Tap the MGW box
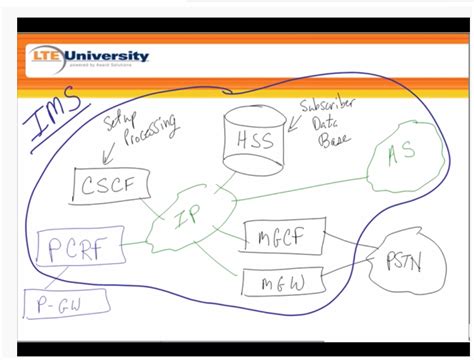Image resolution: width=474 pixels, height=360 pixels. coord(281,283)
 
